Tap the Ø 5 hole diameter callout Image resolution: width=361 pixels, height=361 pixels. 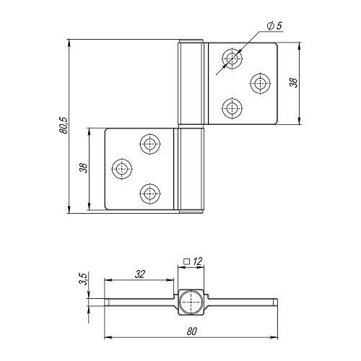pos(274,26)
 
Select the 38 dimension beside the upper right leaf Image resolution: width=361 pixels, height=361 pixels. pos(294,83)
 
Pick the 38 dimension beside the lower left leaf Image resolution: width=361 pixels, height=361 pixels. pos(84,168)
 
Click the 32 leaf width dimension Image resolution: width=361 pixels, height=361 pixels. pos(140,274)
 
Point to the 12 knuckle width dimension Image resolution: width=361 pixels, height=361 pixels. pos(198,261)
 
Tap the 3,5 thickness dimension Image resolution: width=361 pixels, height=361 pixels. pos(83,279)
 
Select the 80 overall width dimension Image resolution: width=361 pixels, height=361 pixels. pos(192,331)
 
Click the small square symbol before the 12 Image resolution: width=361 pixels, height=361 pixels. pos(186,261)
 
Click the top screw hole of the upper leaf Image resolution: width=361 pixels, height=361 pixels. pos(232,58)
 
